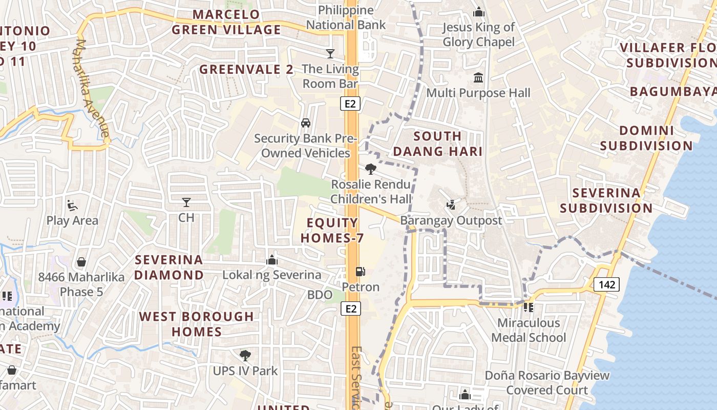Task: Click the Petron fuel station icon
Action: coord(361,272)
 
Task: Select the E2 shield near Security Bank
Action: coord(350,104)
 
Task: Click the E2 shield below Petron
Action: coord(350,309)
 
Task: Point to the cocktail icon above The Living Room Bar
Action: coord(330,53)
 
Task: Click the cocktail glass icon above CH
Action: coord(186,202)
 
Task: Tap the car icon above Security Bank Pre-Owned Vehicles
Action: coord(306,123)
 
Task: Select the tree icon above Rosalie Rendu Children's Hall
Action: coord(371,169)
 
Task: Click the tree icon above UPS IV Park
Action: coord(245,355)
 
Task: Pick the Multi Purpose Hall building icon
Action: coord(478,78)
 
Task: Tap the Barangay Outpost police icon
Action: coord(451,205)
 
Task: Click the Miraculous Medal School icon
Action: coord(529,307)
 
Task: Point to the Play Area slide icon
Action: coord(72,206)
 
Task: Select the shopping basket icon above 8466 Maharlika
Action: coord(81,262)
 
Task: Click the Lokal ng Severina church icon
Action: coord(272,260)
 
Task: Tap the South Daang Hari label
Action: coord(437,144)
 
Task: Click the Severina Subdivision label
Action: coord(606,200)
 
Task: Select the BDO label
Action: coord(320,295)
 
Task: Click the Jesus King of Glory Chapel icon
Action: coord(479,12)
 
